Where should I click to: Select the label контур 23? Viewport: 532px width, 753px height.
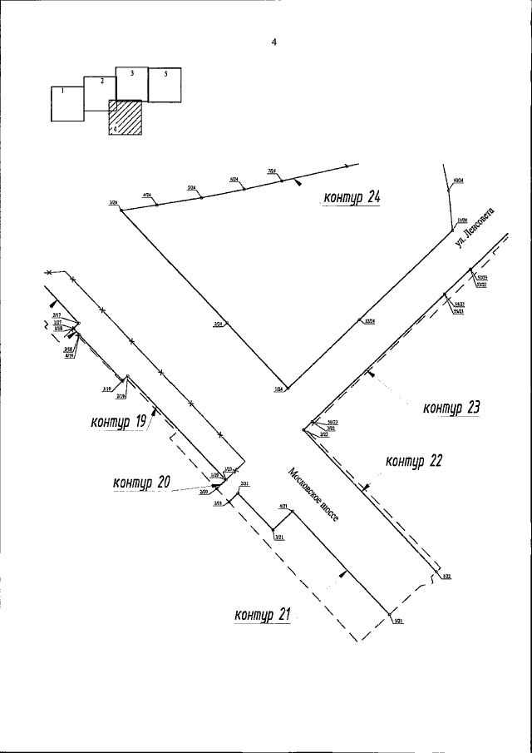pos(452,408)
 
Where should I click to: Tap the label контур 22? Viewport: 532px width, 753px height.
pos(414,462)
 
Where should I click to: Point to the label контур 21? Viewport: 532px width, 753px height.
pos(263,616)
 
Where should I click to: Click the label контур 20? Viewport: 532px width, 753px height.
pos(141,481)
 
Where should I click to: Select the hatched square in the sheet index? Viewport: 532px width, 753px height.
pos(126,117)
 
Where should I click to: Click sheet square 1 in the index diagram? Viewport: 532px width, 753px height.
pos(67,104)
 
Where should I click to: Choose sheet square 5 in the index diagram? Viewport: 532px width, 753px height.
pos(165,84)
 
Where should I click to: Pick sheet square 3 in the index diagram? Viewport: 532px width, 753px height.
pos(131,83)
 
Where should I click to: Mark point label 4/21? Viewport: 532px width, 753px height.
pos(283,506)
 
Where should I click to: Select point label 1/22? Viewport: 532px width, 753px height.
pos(446,576)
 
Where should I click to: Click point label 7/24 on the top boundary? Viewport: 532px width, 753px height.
pos(272,171)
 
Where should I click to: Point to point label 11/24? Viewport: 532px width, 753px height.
pos(462,220)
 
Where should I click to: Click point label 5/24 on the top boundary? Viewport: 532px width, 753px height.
pos(192,188)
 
